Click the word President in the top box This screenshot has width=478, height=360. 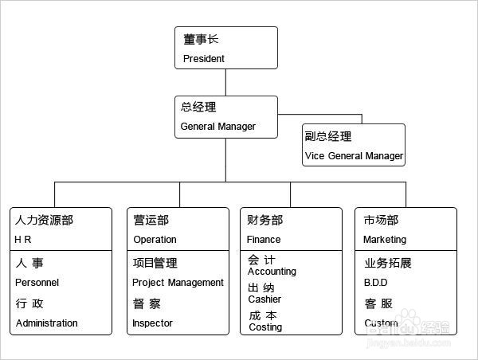[x=204, y=58]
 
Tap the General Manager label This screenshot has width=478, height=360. [x=217, y=126]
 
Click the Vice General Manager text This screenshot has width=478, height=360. [x=353, y=155]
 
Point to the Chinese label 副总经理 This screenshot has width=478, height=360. [x=327, y=136]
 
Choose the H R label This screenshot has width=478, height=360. [x=23, y=239]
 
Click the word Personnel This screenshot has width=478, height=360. [x=37, y=282]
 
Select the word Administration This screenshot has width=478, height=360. [x=46, y=323]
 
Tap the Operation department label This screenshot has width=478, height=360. [x=155, y=239]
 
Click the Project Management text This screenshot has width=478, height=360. [x=178, y=282]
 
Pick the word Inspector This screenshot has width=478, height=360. [x=152, y=323]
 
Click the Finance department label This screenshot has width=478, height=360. [x=264, y=239]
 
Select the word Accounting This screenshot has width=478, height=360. [x=272, y=271]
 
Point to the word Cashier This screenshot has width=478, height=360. [x=264, y=299]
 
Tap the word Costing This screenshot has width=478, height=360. [x=265, y=327]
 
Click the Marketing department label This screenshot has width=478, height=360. [x=384, y=239]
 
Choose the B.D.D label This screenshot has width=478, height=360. [x=375, y=282]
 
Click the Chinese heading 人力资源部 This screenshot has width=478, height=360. [x=49, y=220]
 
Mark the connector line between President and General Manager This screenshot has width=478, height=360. [x=226, y=83]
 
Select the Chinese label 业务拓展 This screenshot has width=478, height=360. [x=388, y=263]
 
